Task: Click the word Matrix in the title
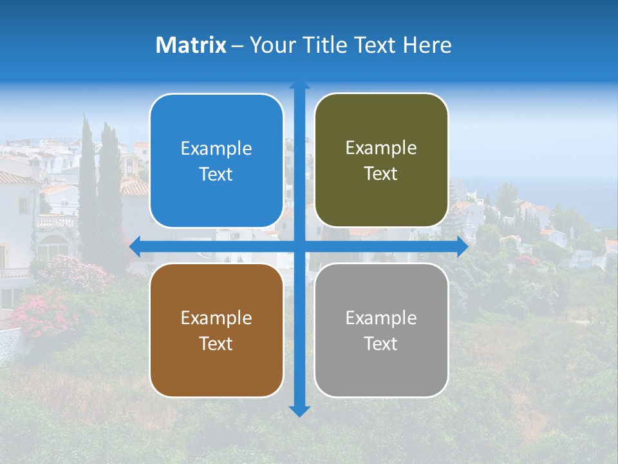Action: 191,45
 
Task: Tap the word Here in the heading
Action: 427,45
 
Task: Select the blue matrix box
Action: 216,161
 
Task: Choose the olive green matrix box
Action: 381,161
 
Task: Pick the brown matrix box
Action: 216,330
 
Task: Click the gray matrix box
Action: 381,330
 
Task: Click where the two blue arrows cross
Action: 299,247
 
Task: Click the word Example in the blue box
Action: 216,149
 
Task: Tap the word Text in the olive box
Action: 381,174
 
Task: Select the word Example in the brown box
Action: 216,318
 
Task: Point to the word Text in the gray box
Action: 381,343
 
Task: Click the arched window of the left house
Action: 53,247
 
